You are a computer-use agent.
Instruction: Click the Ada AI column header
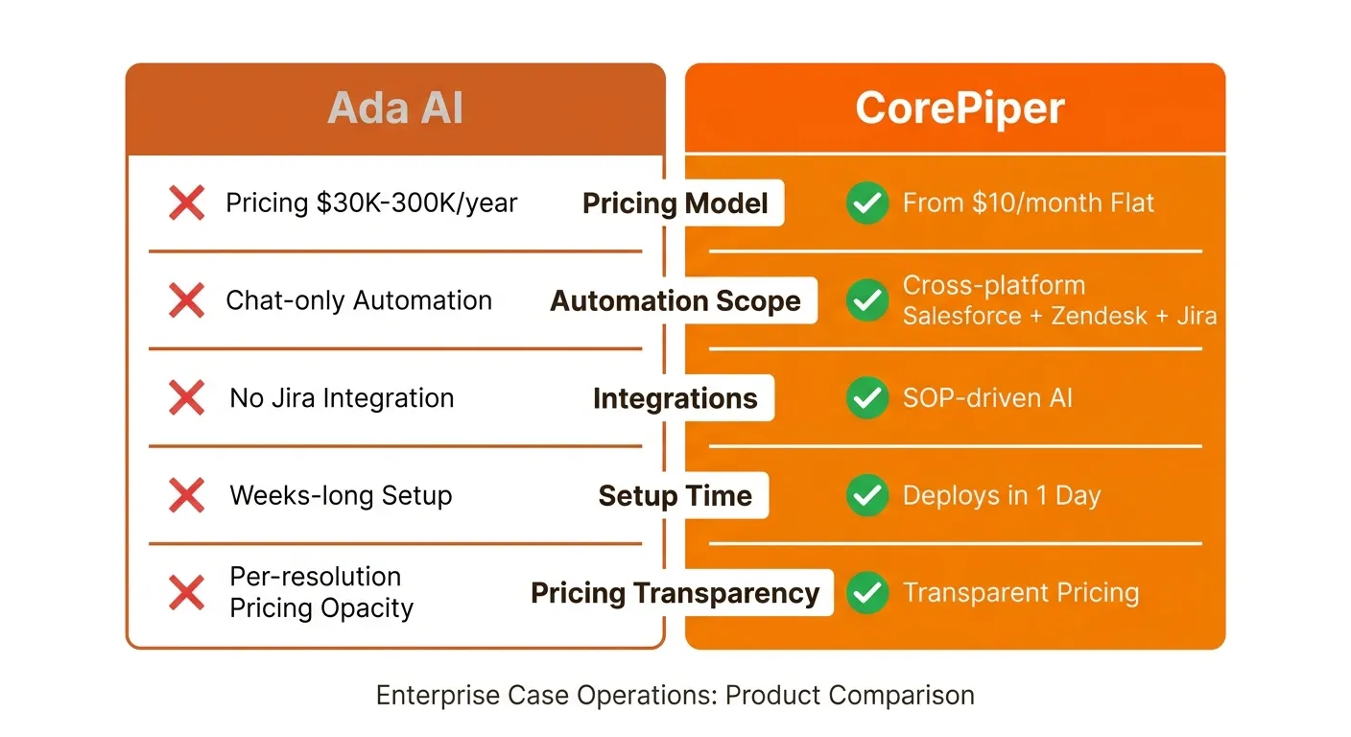(x=395, y=107)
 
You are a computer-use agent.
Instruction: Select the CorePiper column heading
(x=960, y=108)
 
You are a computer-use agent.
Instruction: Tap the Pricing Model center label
(x=675, y=203)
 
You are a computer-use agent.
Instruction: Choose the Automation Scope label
(x=675, y=300)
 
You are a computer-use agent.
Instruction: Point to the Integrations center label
(x=675, y=398)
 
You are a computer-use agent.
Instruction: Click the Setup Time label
(x=675, y=496)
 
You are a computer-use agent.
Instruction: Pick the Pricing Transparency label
(x=675, y=593)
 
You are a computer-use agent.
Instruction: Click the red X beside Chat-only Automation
(x=186, y=299)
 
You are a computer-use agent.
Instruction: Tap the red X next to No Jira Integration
(x=186, y=397)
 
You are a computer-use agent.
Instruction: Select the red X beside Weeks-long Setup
(x=186, y=495)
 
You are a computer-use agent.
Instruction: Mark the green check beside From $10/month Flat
(x=867, y=202)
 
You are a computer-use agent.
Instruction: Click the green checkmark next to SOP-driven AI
(x=867, y=397)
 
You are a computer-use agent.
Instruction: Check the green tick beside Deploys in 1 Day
(x=867, y=495)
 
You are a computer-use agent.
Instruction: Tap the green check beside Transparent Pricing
(x=867, y=592)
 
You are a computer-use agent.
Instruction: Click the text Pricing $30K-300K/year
(x=371, y=203)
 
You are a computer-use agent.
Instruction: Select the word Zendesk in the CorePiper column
(x=1099, y=316)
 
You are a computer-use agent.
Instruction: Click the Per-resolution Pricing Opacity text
(x=321, y=592)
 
